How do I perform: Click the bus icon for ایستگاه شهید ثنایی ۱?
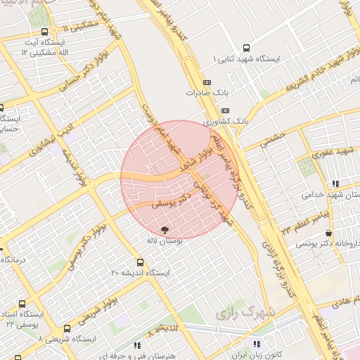click(246, 48)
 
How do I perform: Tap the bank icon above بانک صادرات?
click(206, 82)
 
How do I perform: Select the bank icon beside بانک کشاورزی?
click(225, 110)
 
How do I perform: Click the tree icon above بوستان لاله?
click(165, 229)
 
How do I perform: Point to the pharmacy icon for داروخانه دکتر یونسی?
click(328, 233)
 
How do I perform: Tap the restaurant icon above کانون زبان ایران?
click(256, 344)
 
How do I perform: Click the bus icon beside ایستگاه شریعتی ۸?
click(67, 328)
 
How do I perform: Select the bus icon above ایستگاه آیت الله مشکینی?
click(46, 32)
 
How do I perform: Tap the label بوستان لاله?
click(165, 241)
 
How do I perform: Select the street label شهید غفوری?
click(333, 151)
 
